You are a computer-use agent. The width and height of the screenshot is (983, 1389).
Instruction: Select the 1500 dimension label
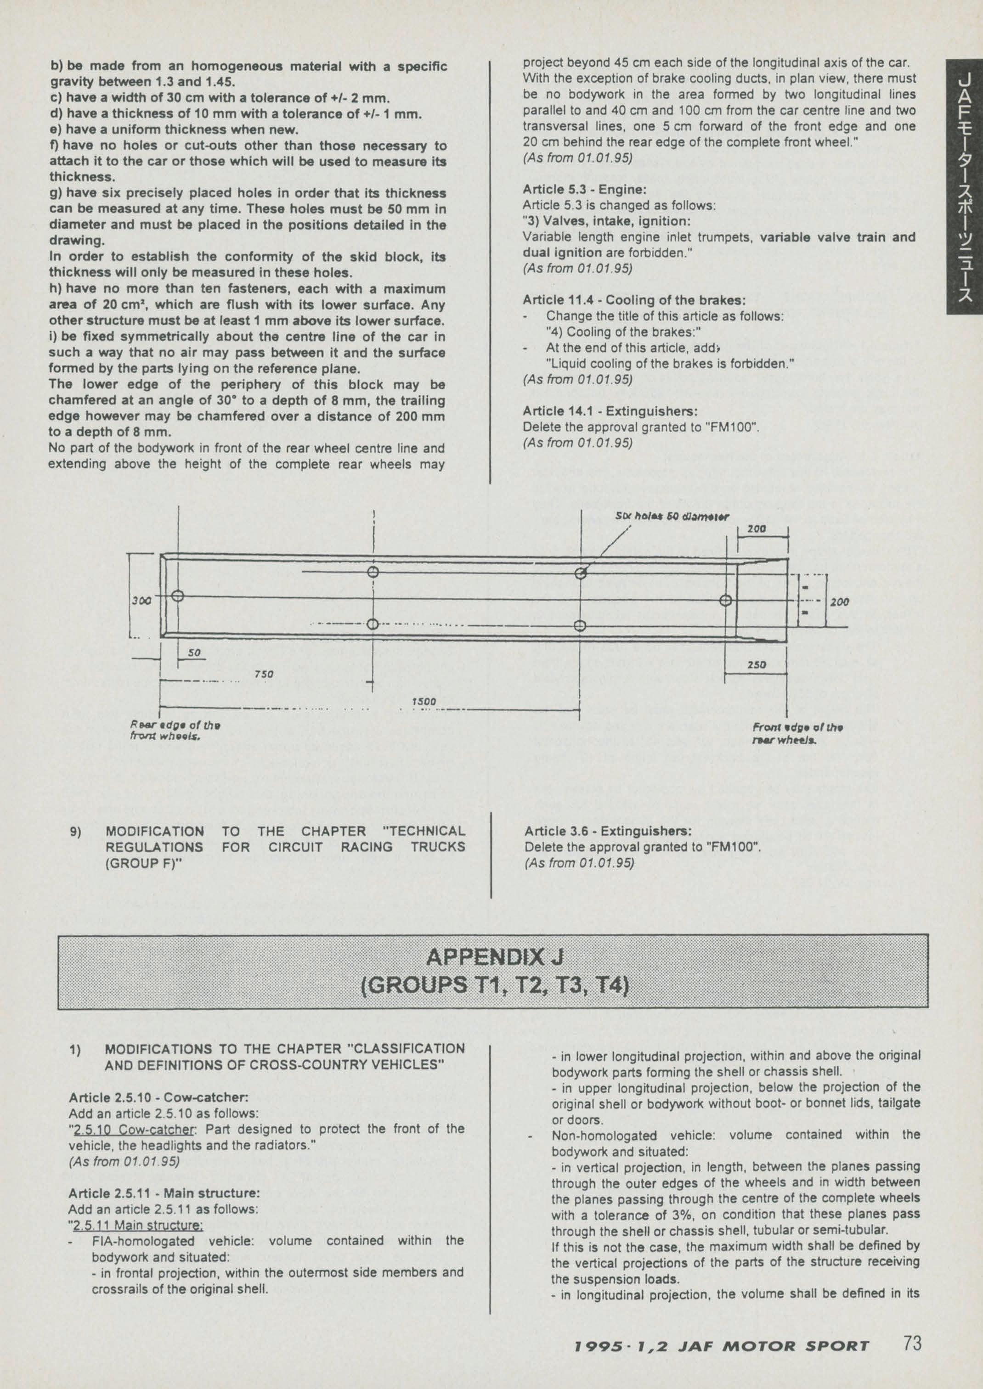(424, 701)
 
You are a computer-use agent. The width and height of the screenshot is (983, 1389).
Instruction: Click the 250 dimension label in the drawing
(757, 664)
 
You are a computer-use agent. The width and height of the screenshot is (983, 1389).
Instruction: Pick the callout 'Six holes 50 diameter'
(672, 517)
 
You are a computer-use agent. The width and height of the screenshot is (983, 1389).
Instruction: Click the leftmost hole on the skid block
(177, 595)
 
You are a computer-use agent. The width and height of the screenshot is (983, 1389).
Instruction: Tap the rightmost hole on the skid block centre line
(726, 600)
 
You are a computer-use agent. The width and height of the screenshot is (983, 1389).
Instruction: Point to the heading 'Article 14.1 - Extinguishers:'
(610, 411)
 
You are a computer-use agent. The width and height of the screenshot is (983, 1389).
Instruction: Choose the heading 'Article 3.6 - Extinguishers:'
(608, 830)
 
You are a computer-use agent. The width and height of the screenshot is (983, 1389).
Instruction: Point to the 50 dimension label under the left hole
(194, 653)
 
